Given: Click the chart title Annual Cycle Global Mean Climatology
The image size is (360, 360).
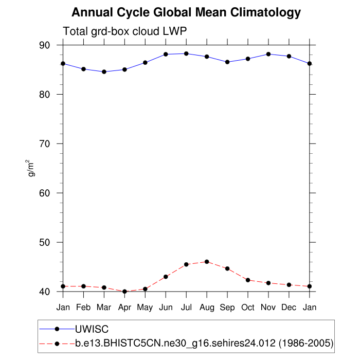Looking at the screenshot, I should tap(186, 12).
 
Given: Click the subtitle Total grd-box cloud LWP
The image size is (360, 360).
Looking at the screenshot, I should tap(124, 31).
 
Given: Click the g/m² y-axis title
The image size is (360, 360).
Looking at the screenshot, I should tap(32, 168).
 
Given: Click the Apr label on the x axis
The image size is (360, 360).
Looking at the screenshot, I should tap(124, 308).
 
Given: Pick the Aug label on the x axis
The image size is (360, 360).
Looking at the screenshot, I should tap(207, 308).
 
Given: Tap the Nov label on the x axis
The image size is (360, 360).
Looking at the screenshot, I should tap(268, 308).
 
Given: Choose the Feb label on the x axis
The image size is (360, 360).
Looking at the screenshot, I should tap(83, 308).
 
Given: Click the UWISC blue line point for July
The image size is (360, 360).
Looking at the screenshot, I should tap(186, 53).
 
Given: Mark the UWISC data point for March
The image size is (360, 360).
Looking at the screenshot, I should tap(104, 71).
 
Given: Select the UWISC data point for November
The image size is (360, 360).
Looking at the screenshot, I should tap(268, 54).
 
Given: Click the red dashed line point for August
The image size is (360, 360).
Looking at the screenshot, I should tap(207, 262).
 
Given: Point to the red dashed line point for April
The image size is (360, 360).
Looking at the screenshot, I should tap(124, 292).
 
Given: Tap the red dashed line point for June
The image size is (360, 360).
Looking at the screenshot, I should tap(166, 277).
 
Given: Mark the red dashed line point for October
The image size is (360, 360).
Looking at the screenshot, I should tap(248, 280).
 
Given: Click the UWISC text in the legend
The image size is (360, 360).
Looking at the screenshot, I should tap(92, 329).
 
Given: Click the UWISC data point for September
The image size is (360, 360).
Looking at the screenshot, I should tap(227, 62).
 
